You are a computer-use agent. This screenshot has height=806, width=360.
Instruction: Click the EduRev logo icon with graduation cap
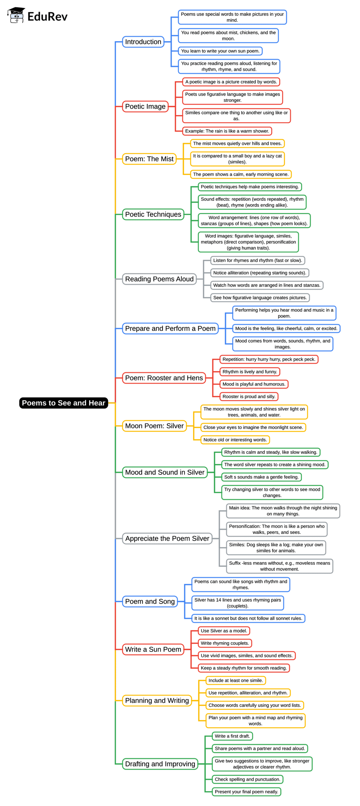click(16, 15)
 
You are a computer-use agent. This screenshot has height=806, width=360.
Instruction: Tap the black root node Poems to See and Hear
click(63, 403)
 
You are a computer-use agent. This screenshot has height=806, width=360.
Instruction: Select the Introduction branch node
click(143, 42)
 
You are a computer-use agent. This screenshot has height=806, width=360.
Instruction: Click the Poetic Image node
click(145, 107)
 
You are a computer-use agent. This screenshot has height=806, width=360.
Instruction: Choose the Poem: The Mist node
click(149, 159)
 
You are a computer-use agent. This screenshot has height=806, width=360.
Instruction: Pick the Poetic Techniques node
click(153, 214)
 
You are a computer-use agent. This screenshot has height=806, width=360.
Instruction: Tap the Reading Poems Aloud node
click(159, 279)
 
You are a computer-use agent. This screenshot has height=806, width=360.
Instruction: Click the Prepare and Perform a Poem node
click(170, 329)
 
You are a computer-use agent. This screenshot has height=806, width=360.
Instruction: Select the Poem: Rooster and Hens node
click(164, 378)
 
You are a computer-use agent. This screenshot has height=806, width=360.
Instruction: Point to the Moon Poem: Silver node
click(154, 426)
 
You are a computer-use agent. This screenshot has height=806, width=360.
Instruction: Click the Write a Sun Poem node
click(153, 650)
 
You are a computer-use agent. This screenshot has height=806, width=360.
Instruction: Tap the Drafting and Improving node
click(160, 764)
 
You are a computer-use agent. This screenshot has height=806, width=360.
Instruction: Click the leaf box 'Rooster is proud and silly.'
click(249, 396)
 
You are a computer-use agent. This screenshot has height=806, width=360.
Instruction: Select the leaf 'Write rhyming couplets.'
click(225, 643)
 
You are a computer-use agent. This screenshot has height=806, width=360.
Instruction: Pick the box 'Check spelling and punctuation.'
click(247, 779)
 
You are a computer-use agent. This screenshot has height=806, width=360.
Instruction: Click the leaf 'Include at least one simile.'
click(236, 681)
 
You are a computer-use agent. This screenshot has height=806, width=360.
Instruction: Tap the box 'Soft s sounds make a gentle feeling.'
click(262, 477)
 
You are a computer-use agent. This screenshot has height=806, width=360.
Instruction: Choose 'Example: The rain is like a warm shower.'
click(227, 131)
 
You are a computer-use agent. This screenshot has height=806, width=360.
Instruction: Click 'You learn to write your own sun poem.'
click(220, 51)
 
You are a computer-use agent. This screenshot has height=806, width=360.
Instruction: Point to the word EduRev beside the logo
click(47, 17)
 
